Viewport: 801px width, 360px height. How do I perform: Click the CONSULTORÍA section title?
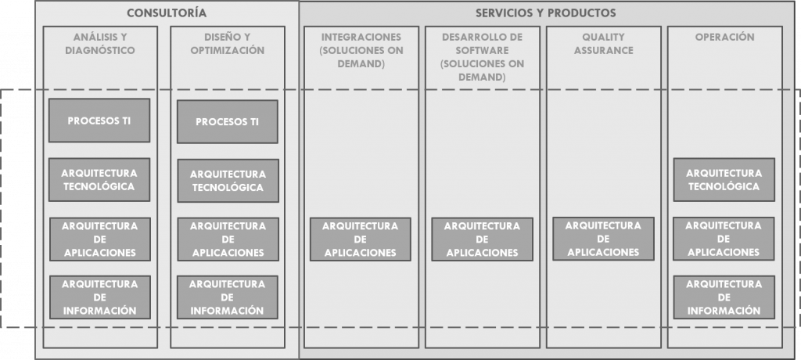tap(167, 13)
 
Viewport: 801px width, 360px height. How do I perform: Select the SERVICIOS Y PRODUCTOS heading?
tap(545, 13)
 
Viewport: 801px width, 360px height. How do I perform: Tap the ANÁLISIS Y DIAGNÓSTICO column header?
tap(100, 44)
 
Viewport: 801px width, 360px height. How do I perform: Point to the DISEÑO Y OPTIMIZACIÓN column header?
tap(228, 44)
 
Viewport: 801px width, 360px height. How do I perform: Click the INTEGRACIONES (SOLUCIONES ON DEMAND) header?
tap(361, 50)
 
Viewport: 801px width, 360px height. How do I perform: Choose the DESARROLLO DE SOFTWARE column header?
tap(482, 57)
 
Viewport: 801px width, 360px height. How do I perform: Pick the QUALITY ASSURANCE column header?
tap(603, 44)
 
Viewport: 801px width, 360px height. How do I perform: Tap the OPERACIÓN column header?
tap(724, 37)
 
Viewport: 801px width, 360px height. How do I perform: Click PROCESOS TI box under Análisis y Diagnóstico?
tap(99, 121)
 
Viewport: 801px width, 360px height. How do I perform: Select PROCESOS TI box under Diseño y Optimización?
tap(228, 122)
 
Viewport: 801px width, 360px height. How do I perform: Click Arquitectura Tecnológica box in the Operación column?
tap(724, 179)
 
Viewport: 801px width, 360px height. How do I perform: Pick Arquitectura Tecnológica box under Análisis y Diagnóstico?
tap(99, 179)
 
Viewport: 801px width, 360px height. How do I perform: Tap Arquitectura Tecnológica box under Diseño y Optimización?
tap(228, 181)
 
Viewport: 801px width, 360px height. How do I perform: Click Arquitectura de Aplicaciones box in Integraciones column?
tap(360, 239)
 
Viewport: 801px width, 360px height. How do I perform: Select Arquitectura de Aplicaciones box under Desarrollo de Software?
tap(482, 239)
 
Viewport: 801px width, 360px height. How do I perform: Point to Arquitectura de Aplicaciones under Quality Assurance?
tap(603, 239)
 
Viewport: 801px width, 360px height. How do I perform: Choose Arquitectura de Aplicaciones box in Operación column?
tap(724, 239)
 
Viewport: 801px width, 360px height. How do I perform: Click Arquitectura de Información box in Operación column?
tap(724, 297)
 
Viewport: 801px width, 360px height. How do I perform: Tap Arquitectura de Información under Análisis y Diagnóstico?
tap(100, 297)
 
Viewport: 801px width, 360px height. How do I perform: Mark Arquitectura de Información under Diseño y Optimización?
tap(228, 297)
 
